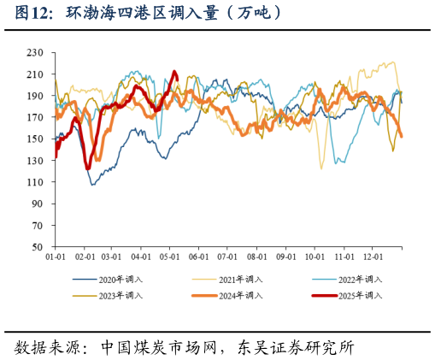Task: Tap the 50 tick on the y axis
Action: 38,247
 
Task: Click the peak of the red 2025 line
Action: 174,72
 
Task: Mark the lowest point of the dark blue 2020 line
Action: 93,185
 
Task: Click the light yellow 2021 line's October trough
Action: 321,168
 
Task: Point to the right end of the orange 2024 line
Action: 402,136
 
